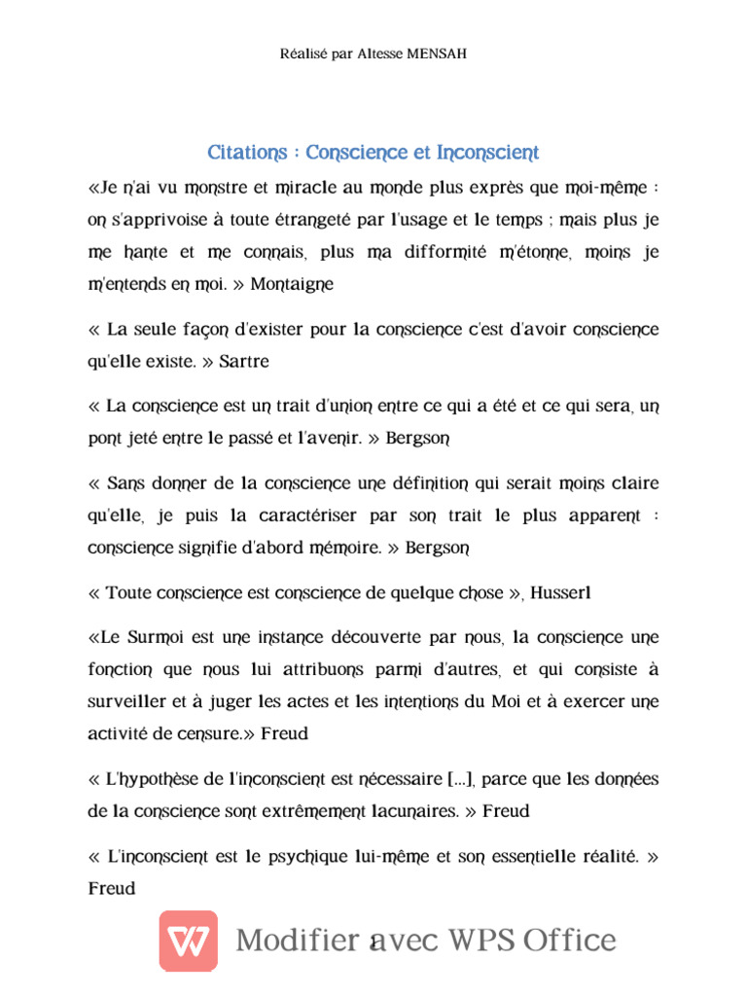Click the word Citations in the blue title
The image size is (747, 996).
[247, 153]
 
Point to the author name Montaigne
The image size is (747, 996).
[292, 284]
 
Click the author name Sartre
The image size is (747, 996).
[243, 361]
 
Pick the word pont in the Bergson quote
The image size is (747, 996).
[104, 438]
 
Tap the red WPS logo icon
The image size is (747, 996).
[188, 940]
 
